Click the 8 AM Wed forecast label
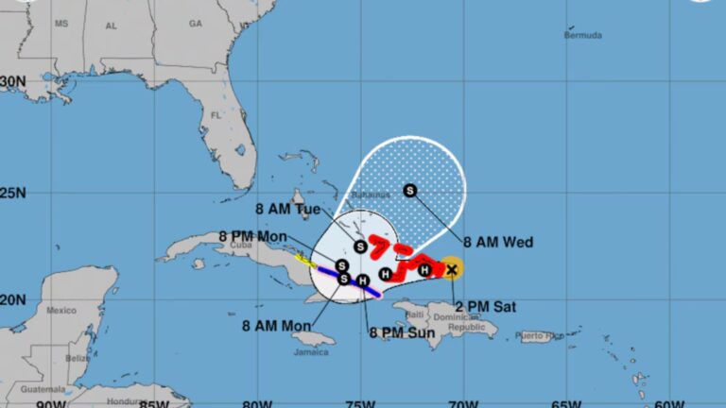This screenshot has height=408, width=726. (497, 243)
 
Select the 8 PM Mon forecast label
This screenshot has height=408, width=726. (252, 236)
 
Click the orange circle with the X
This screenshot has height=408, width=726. (452, 269)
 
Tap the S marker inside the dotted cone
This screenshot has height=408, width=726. (410, 191)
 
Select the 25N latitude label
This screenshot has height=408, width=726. (13, 194)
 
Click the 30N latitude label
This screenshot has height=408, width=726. (13, 82)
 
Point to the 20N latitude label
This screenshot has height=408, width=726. (13, 299)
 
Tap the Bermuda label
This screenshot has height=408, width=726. (582, 35)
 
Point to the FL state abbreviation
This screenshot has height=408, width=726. (216, 115)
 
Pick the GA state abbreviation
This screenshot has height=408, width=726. (196, 24)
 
